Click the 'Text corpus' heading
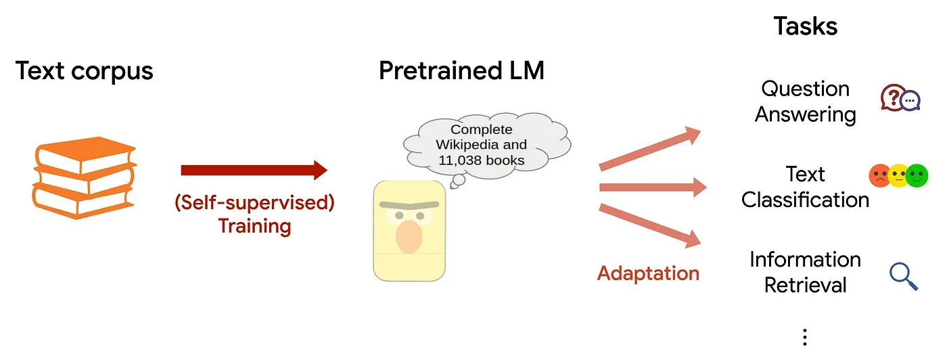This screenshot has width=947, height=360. click(x=85, y=70)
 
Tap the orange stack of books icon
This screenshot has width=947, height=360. click(x=84, y=179)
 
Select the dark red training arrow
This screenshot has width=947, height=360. click(x=254, y=171)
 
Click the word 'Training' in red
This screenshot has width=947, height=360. click(x=254, y=225)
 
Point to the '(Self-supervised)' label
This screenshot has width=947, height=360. click(x=254, y=202)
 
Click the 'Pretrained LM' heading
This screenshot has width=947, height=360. click(x=461, y=70)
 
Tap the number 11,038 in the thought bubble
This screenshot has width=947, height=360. click(x=451, y=161)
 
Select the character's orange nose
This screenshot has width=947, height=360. click(x=409, y=236)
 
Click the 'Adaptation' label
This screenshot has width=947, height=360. click(x=648, y=273)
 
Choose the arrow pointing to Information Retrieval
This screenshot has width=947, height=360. click(x=650, y=224)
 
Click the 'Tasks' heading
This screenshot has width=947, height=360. click(x=805, y=26)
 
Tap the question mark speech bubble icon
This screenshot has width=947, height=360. click(x=894, y=99)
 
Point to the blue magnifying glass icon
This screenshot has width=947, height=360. click(x=903, y=275)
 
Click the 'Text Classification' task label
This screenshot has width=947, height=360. click(x=805, y=187)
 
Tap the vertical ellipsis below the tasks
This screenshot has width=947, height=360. click(x=804, y=336)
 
